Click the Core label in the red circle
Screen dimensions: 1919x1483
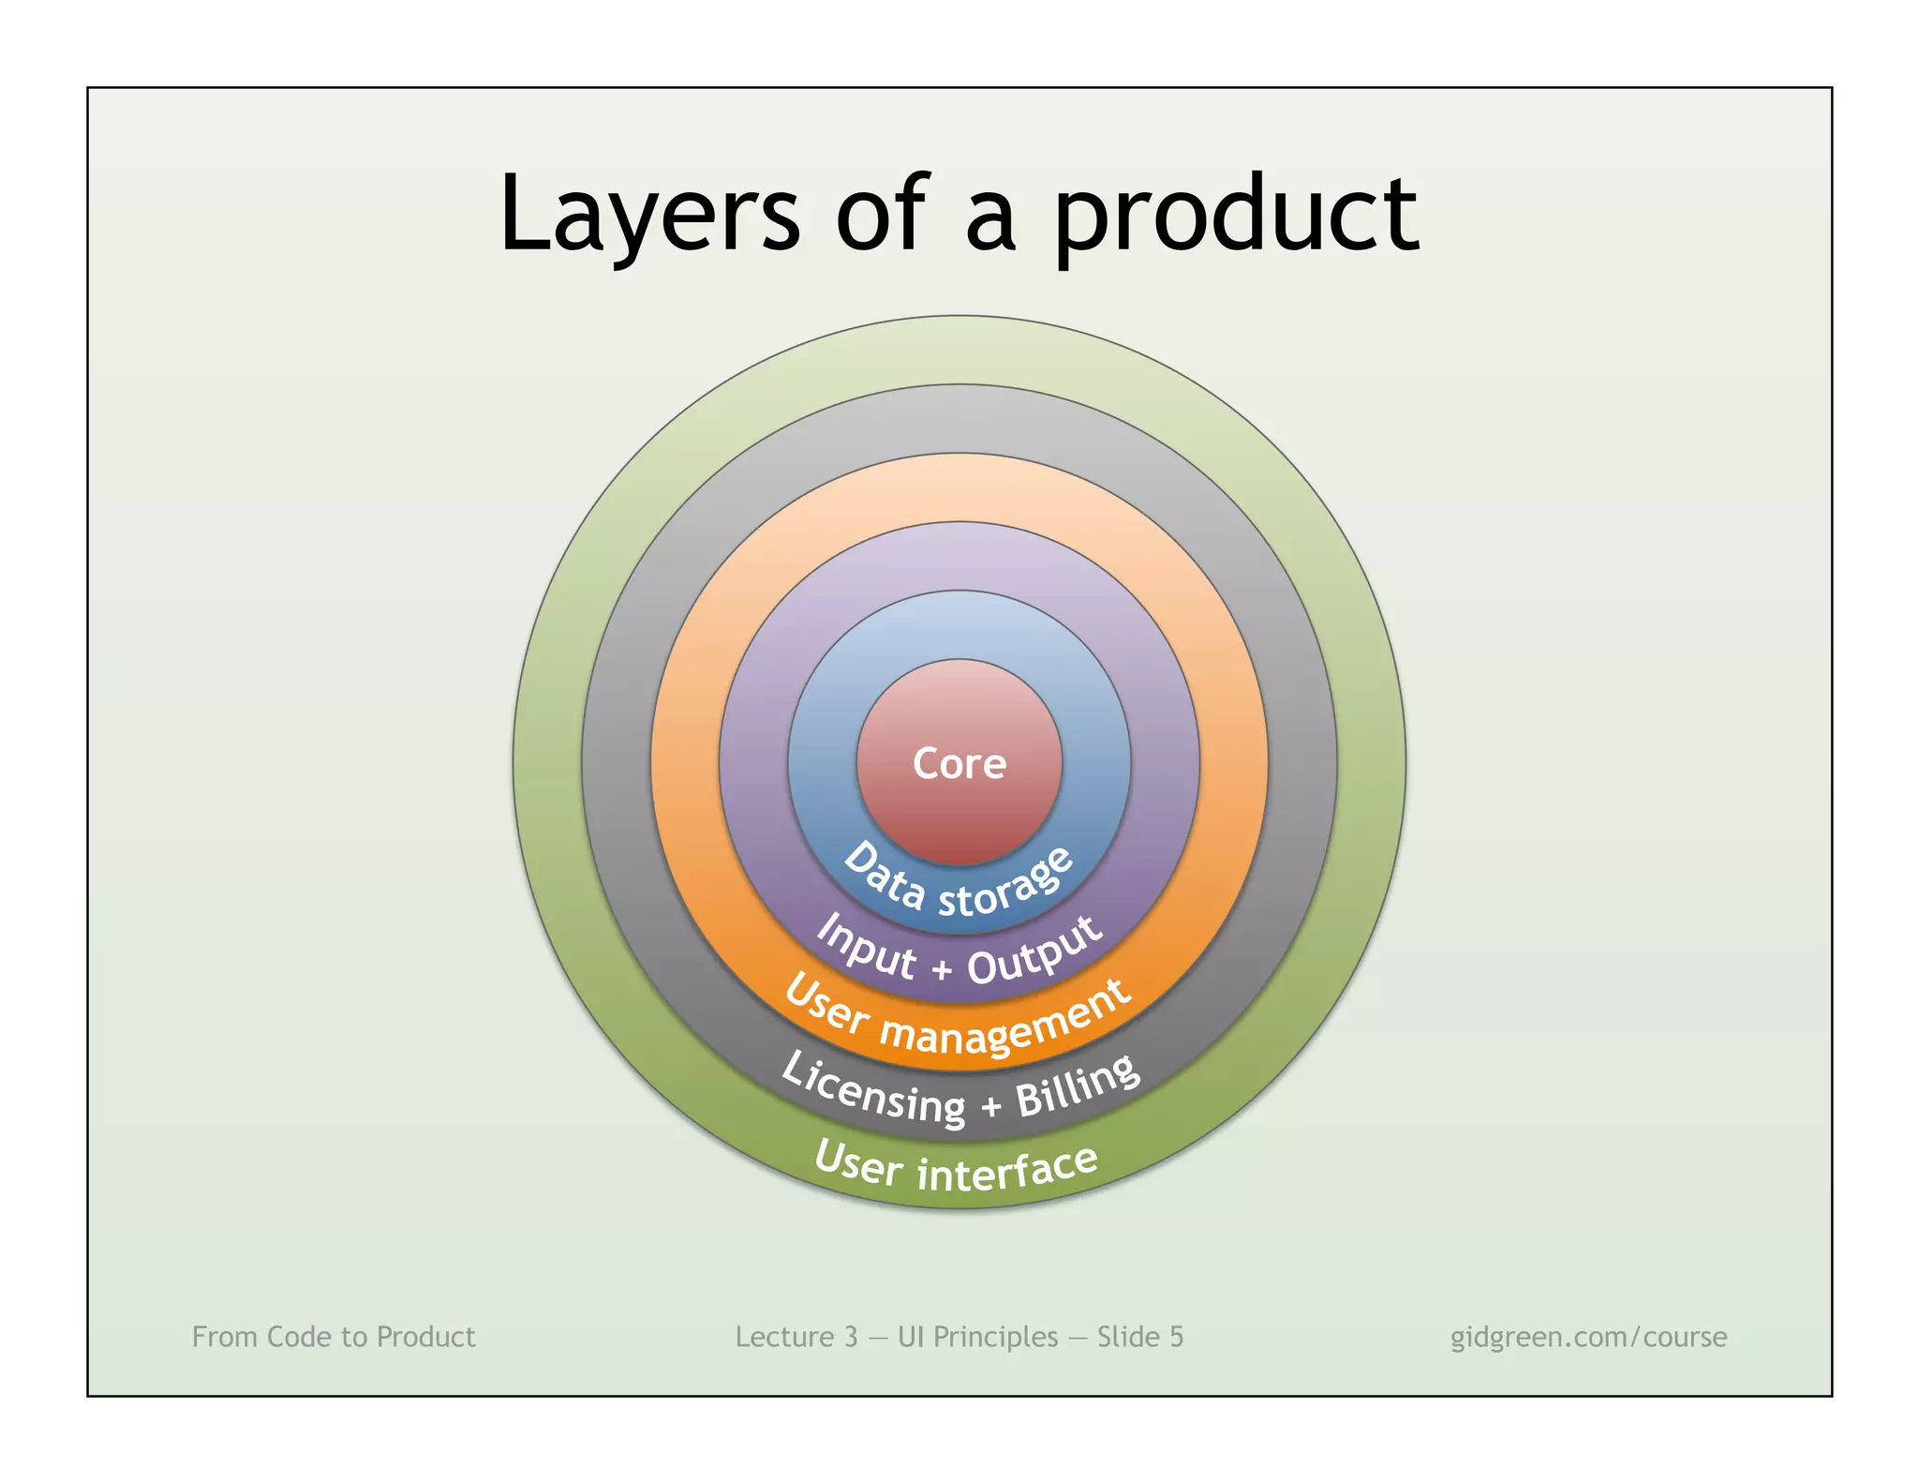959,763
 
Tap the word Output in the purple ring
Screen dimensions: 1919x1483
1036,951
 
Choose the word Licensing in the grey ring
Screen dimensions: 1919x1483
872,1087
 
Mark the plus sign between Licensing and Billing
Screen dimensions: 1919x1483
990,1107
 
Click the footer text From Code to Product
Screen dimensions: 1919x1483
334,1337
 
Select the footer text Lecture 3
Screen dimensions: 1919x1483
796,1337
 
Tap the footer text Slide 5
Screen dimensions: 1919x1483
1140,1337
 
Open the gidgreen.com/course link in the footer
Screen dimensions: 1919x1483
1588,1337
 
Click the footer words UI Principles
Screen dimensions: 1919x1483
977,1337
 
